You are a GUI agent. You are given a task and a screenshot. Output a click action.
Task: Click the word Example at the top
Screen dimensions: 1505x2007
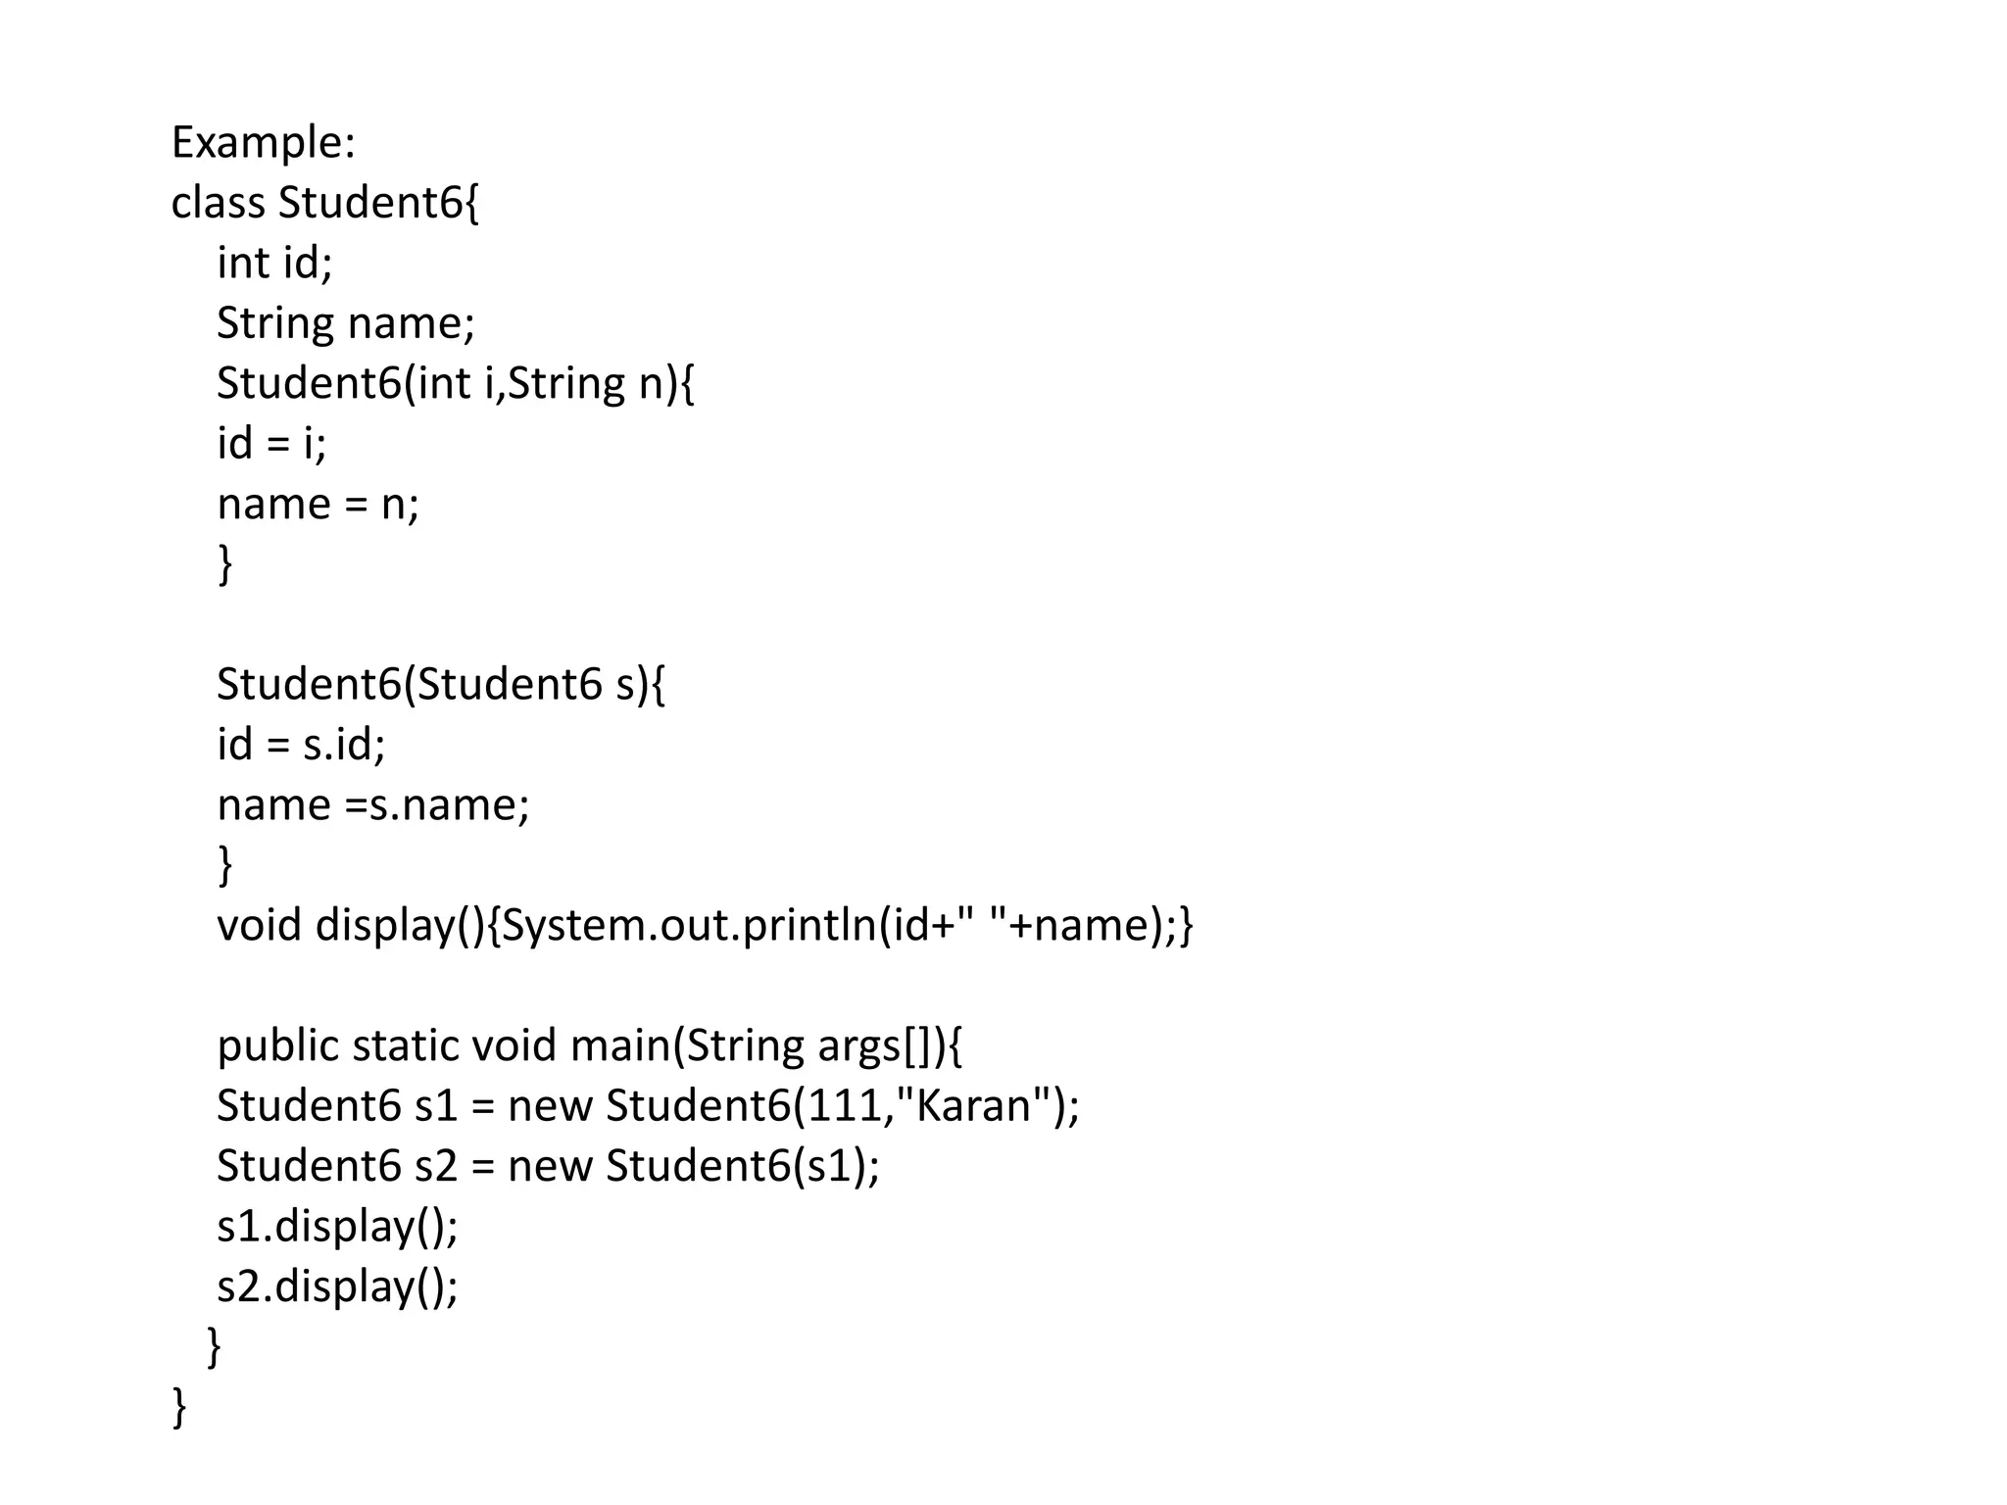(261, 143)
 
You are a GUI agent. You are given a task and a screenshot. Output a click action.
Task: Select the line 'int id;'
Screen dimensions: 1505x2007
(274, 264)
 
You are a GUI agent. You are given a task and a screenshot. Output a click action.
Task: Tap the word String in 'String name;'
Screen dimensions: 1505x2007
(274, 324)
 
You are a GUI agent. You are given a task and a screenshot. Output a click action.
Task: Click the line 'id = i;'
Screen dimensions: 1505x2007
(271, 444)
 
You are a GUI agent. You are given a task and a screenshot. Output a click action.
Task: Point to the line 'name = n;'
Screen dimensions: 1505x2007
(318, 505)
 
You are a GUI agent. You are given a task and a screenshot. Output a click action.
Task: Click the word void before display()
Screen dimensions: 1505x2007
(259, 926)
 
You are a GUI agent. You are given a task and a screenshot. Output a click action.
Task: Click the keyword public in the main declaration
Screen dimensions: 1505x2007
(277, 1046)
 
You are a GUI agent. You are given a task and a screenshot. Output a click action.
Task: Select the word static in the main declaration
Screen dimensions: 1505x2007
(405, 1046)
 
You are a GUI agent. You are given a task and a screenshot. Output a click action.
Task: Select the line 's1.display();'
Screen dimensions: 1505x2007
(337, 1227)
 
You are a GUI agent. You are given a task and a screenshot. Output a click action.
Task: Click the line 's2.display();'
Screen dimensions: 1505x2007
(337, 1287)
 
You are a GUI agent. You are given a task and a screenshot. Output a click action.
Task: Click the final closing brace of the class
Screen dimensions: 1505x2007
(179, 1407)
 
